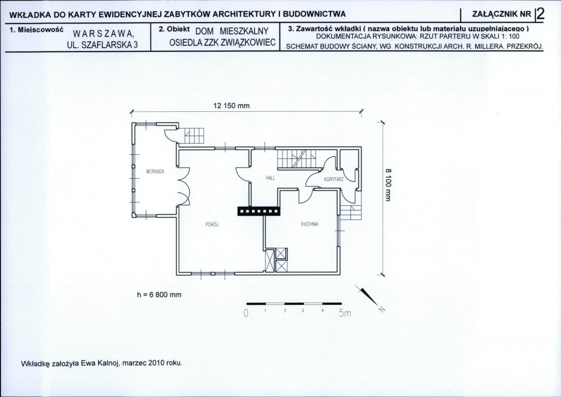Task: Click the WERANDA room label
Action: tap(155, 172)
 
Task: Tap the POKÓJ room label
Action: tap(212, 224)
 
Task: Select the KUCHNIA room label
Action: tap(309, 224)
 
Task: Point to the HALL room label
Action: tap(270, 178)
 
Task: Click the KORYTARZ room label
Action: tap(334, 180)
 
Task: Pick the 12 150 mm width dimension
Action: tap(232, 106)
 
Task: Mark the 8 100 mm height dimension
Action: tap(389, 185)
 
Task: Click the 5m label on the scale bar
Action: tap(345, 314)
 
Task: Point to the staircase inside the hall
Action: tap(297, 159)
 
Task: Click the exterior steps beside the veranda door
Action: tap(194, 136)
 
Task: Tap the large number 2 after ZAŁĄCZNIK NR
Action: tap(540, 14)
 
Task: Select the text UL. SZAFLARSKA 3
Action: tap(102, 45)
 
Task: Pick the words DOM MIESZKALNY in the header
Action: tap(232, 31)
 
